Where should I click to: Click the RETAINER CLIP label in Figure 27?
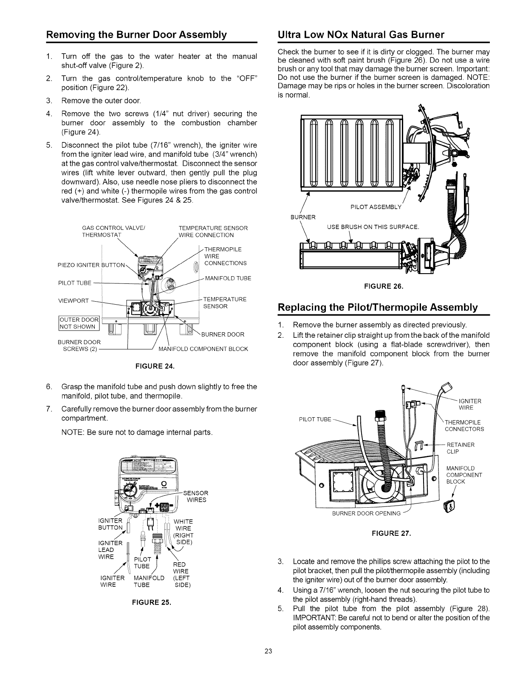pyautogui.click(x=460, y=448)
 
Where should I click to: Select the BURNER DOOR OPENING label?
pyautogui.click(x=366, y=513)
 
